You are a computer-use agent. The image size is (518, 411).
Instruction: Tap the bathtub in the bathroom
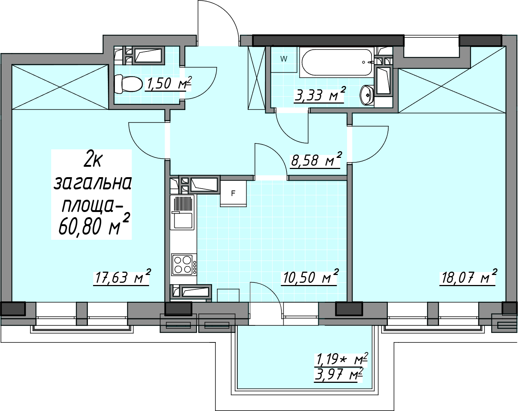coord(337,62)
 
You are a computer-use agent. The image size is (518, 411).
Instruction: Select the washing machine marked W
coord(284,59)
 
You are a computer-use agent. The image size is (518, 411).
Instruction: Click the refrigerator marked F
coord(233,193)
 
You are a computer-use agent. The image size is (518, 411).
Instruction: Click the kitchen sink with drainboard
coord(182,212)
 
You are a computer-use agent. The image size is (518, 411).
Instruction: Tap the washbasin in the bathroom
coord(367,95)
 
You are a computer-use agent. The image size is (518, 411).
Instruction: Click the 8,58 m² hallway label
coord(316,159)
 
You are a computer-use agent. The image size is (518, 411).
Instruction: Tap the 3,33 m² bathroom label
coord(320,95)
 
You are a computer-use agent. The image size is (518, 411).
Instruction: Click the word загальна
coord(92,183)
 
